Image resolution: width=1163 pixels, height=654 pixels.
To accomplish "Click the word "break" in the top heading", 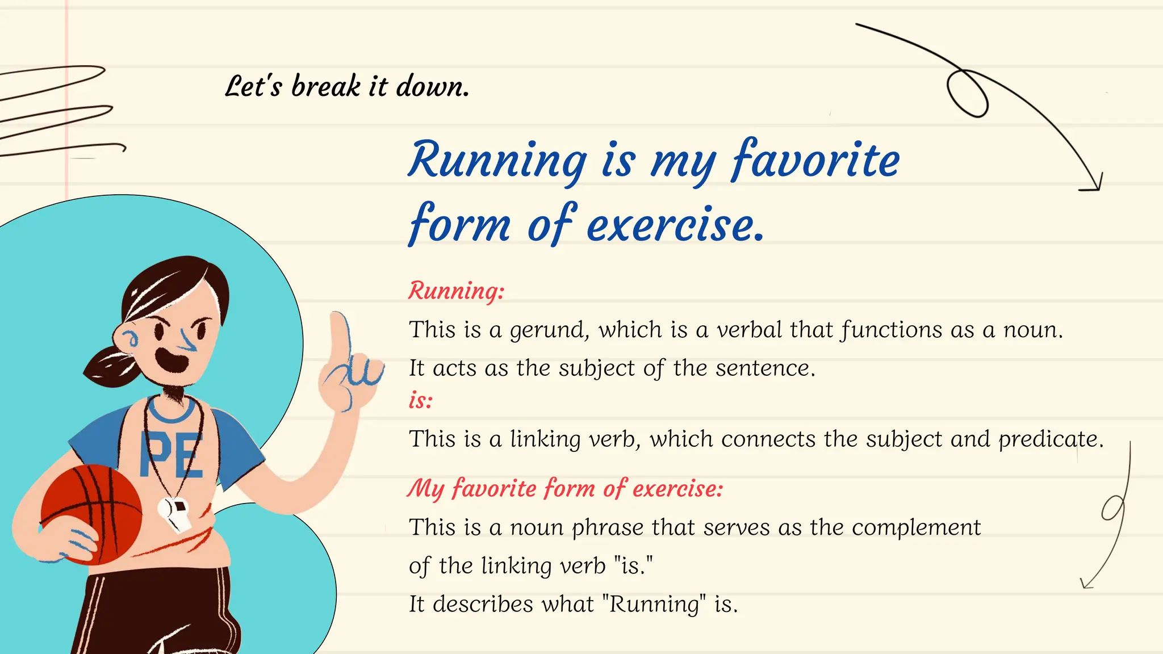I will point(325,87).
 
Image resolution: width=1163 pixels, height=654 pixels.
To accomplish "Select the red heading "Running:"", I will point(456,291).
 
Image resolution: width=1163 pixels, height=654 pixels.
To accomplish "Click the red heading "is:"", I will point(421,401).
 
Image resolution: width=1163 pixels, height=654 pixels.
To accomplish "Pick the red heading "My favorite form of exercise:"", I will point(565,489).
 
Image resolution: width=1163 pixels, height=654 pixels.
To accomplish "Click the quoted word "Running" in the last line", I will point(654,605).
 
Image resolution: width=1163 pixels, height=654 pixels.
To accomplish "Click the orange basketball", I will point(91,514).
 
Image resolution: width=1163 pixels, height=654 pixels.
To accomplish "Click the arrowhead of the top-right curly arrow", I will point(1093,185).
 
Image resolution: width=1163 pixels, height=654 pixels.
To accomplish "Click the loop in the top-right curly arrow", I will point(967,94).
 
